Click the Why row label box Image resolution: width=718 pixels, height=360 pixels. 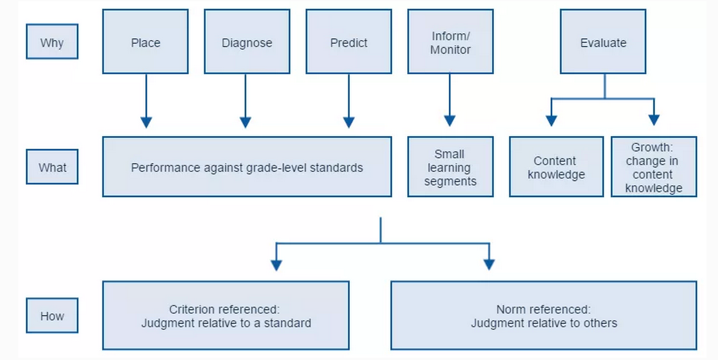(x=52, y=41)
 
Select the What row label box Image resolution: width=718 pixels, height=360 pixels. (x=52, y=166)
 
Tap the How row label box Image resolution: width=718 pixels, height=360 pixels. (x=52, y=315)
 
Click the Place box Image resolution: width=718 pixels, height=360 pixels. (x=145, y=41)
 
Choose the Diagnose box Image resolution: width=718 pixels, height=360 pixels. (x=247, y=41)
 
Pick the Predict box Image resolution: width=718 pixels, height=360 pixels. (x=349, y=41)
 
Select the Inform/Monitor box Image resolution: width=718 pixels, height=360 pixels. (x=450, y=41)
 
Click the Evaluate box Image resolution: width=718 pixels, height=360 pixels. (x=603, y=41)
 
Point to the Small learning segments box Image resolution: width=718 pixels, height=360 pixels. (x=450, y=166)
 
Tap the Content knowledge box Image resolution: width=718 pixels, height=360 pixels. (x=556, y=166)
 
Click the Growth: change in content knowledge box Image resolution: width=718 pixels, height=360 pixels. (x=654, y=166)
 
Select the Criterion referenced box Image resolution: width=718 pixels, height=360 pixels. (x=226, y=315)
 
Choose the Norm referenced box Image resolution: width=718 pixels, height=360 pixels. (x=544, y=315)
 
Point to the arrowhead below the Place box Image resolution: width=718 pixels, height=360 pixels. (x=146, y=123)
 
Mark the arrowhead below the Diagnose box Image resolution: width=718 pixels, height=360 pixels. (x=246, y=123)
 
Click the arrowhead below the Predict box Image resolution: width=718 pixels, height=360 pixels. (x=349, y=123)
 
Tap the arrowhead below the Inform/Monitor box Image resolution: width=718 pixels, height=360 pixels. (x=450, y=121)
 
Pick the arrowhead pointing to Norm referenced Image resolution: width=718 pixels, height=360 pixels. (x=489, y=265)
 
